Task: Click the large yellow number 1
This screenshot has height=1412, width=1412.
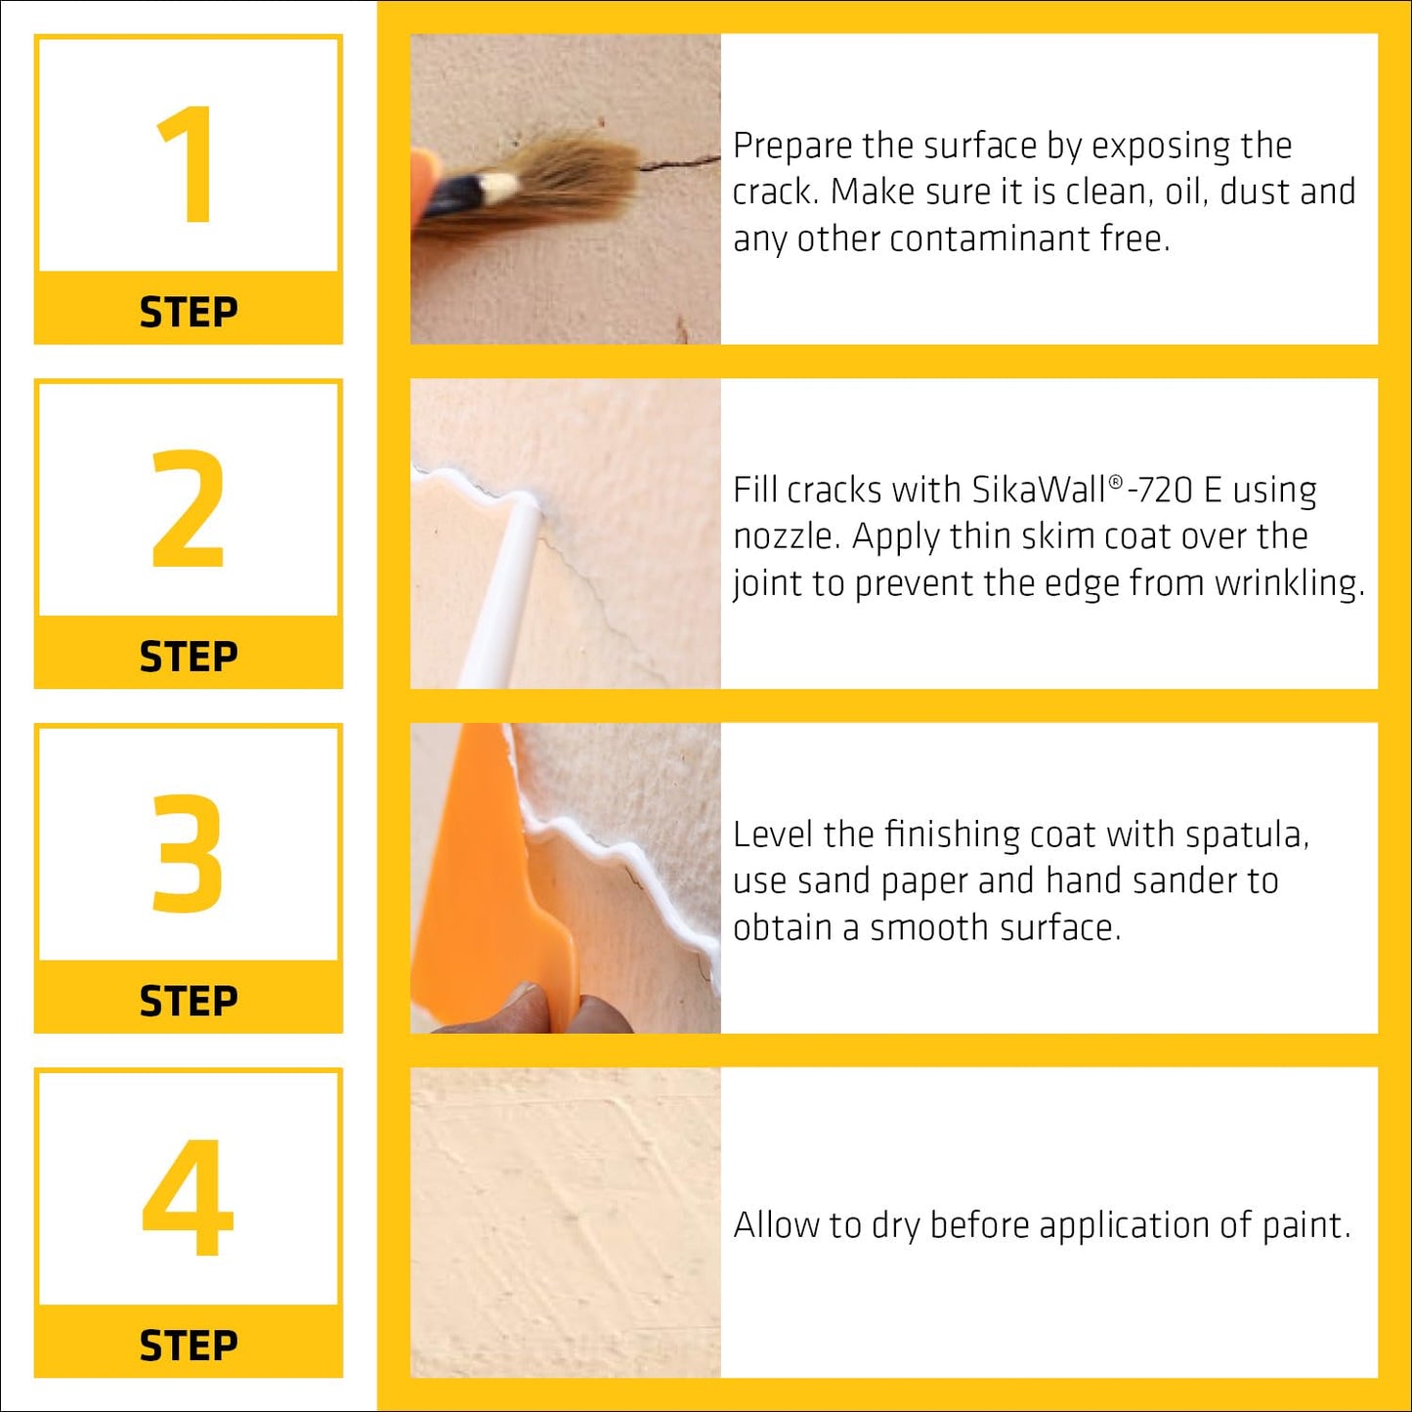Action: click(x=187, y=164)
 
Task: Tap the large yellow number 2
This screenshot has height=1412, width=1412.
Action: click(x=188, y=509)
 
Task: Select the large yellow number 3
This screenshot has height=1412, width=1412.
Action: click(x=188, y=853)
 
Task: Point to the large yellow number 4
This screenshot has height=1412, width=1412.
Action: click(x=188, y=1198)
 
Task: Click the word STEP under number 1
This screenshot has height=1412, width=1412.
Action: click(x=188, y=313)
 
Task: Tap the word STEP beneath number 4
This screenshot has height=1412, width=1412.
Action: click(x=188, y=1346)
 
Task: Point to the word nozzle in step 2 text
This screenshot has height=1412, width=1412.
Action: click(x=786, y=536)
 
